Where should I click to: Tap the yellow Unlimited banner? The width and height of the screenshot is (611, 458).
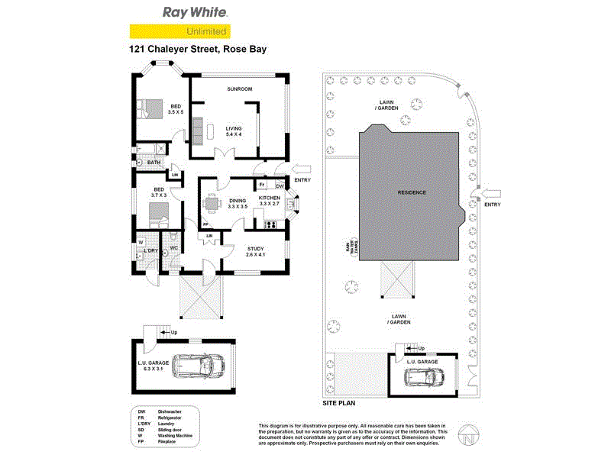click(179, 32)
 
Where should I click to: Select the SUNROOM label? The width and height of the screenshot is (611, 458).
click(239, 89)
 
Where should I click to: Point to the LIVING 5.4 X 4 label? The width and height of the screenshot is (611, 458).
click(234, 131)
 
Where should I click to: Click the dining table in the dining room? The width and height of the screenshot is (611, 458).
click(212, 204)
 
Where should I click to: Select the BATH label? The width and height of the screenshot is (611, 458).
click(154, 163)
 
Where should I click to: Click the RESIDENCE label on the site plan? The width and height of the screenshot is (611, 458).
click(411, 192)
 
